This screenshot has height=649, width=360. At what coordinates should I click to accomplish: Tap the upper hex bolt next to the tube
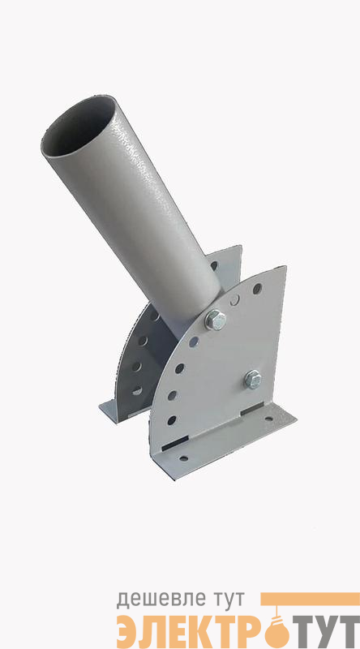tap(216, 320)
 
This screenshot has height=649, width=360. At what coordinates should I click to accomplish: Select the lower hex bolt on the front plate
tap(252, 379)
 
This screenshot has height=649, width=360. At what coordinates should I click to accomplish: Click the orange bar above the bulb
tap(310, 599)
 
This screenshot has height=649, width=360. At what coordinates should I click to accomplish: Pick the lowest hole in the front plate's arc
tap(171, 421)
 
